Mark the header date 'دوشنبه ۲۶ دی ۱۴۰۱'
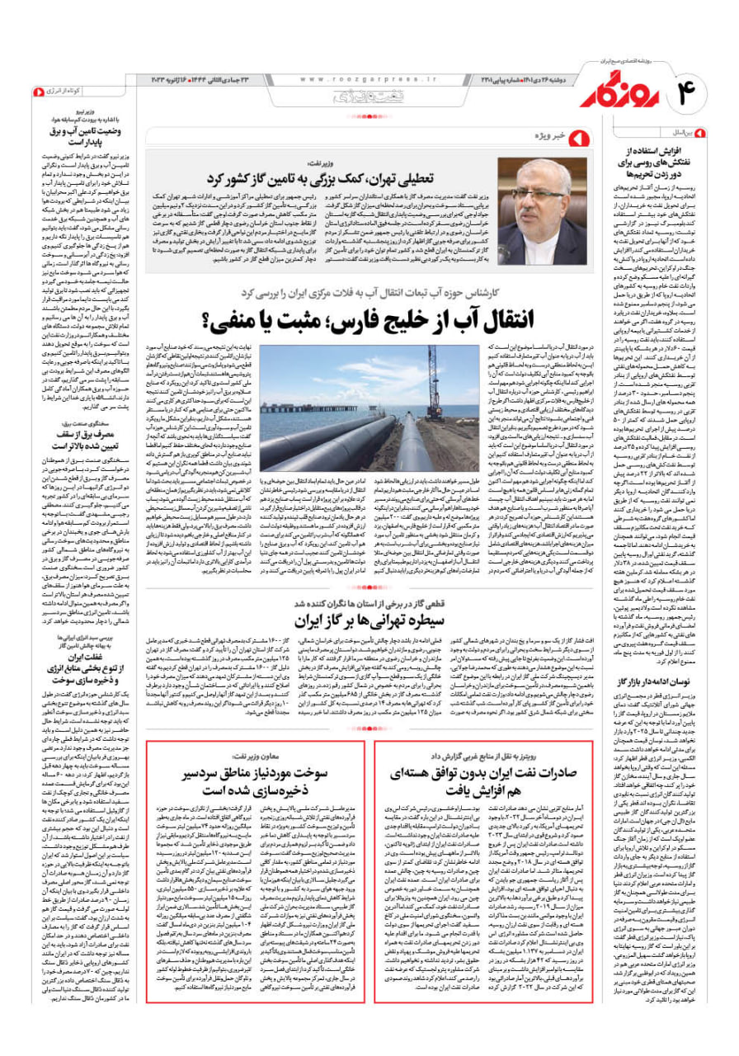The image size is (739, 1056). [508, 78]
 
